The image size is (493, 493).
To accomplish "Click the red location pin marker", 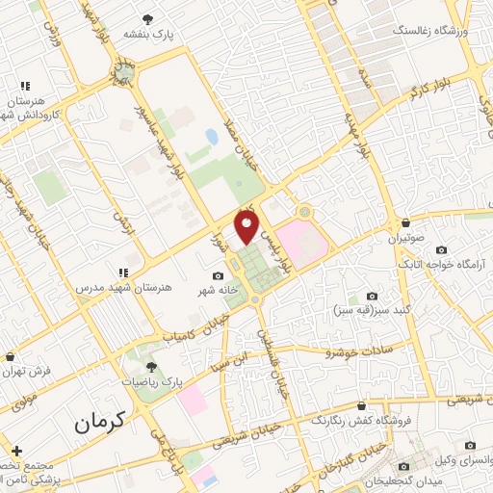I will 247,228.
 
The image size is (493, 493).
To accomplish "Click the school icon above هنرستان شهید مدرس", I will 122,272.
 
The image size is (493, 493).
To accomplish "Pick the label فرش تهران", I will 26,369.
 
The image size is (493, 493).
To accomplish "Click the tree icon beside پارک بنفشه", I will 147,18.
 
